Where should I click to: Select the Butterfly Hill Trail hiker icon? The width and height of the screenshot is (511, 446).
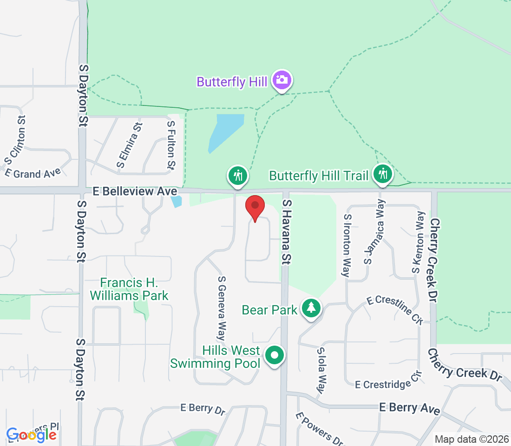tap(383, 174)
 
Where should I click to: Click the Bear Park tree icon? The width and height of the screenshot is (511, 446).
tap(311, 308)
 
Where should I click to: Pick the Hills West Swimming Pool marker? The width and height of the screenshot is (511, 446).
tap(275, 356)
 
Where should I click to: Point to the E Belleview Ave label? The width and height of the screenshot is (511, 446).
tap(135, 191)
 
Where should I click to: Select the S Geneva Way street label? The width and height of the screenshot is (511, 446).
tap(222, 308)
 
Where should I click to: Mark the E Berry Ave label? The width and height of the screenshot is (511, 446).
tap(409, 408)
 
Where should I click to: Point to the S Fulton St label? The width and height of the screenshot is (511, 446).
tap(171, 144)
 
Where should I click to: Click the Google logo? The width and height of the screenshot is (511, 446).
tap(32, 434)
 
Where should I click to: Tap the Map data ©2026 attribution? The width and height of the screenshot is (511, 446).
tap(471, 439)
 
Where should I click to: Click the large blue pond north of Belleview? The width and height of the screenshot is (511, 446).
tap(225, 131)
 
